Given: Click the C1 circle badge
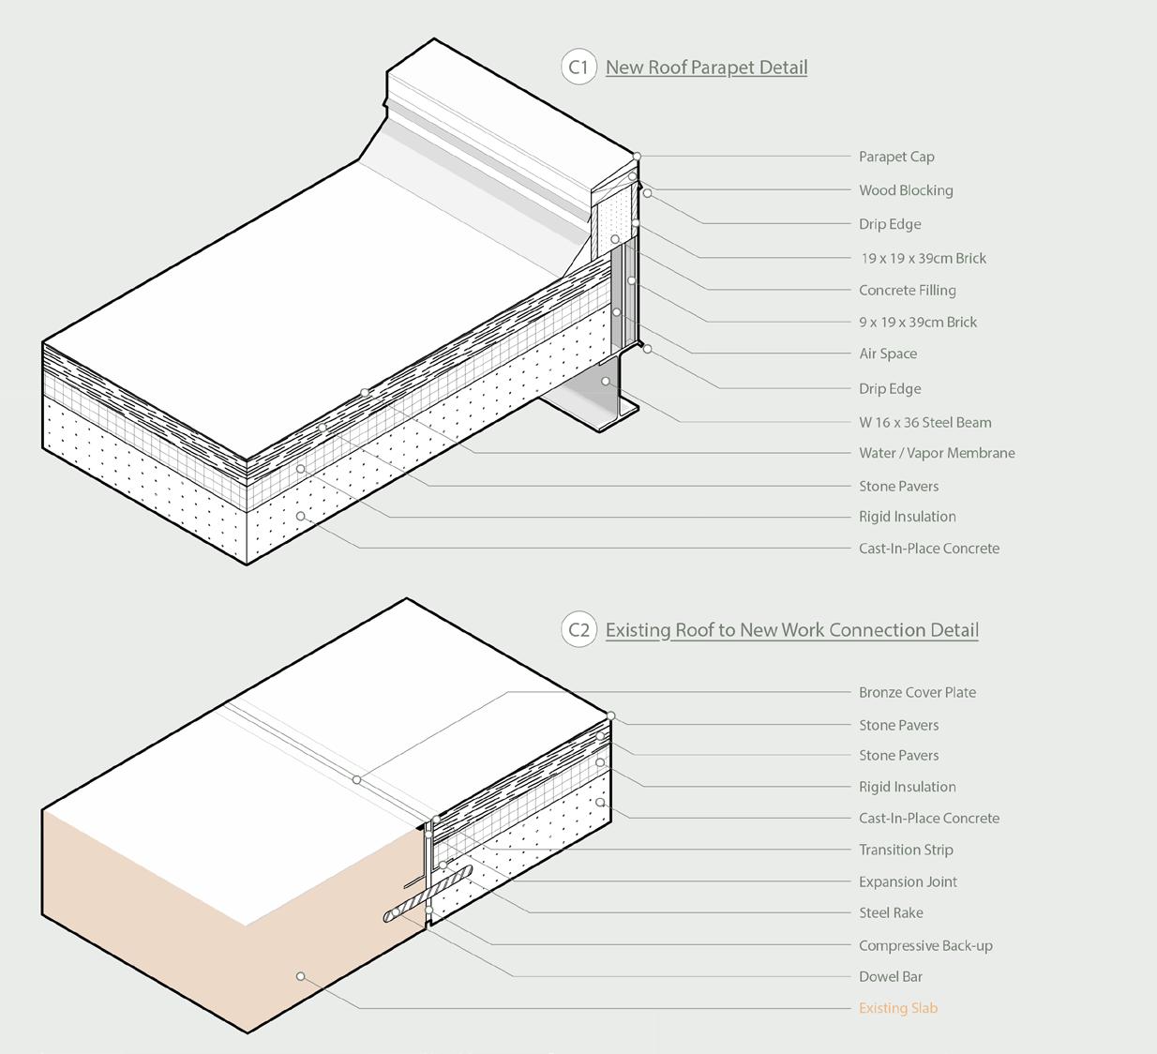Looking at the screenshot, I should click(578, 68).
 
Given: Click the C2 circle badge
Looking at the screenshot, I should click(578, 630).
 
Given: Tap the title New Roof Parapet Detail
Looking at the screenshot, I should click(706, 68).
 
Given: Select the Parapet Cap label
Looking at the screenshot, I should click(896, 157).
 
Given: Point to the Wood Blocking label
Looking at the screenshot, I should click(906, 190).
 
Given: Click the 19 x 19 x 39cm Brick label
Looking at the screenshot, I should click(924, 258).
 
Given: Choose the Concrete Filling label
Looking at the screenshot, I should click(907, 291).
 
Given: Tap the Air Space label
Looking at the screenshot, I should click(888, 354).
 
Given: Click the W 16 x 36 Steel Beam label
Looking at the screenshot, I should click(924, 423).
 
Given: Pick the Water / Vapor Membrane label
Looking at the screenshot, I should click(937, 453).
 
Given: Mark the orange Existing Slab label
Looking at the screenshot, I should click(897, 1008).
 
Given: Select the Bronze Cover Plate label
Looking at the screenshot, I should click(917, 693).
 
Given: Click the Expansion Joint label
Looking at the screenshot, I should click(908, 881).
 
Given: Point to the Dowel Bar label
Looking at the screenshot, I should click(891, 977).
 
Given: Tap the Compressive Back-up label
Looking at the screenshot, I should click(925, 945).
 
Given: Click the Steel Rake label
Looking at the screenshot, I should click(891, 913).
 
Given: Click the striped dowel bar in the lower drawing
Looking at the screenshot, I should click(427, 895).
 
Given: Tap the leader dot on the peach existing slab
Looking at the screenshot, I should click(301, 976).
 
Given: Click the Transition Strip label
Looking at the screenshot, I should click(906, 850).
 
